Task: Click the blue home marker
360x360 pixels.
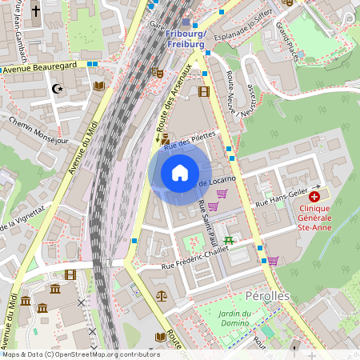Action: coord(180,173)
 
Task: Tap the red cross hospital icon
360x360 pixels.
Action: coord(314,196)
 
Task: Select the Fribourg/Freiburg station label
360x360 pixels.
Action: coord(186,38)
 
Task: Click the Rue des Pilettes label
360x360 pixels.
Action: coord(190,142)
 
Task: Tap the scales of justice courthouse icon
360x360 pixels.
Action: coord(163,295)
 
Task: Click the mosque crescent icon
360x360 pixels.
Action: coord(57,89)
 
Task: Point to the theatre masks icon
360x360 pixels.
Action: coord(159,72)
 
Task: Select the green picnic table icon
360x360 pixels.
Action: coord(229,239)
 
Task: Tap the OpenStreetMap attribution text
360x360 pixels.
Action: coord(81,354)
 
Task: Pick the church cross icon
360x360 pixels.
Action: coord(36,11)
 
